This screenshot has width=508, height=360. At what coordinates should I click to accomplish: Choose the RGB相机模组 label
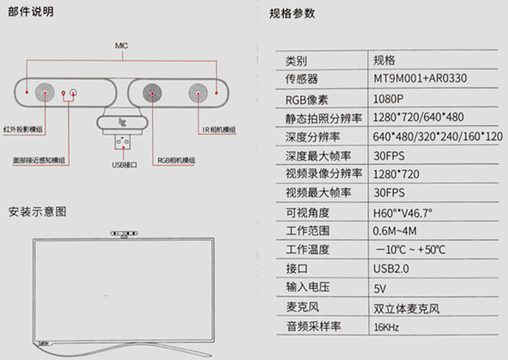(176, 160)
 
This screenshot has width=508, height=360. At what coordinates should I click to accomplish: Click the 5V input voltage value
(379, 287)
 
